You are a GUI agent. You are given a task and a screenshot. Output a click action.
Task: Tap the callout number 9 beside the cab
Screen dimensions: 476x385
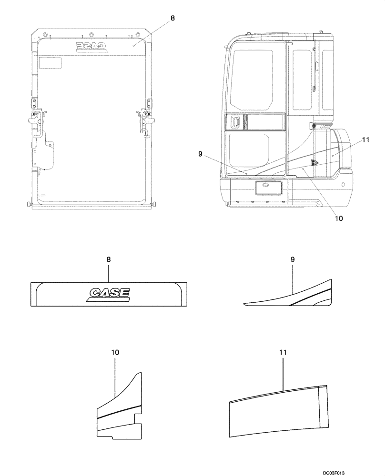[201, 154]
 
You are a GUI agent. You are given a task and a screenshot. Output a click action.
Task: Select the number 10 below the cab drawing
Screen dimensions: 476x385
[339, 219]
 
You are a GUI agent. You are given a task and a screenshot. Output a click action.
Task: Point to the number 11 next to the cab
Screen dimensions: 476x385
[365, 139]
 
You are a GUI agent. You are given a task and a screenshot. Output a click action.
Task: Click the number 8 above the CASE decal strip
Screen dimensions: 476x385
[109, 260]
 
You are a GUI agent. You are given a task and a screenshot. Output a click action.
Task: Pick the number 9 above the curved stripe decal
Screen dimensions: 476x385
[293, 259]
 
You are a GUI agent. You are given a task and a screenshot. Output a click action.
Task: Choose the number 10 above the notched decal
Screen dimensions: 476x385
[115, 353]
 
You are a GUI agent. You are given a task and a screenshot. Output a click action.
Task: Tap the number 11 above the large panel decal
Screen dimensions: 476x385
[283, 353]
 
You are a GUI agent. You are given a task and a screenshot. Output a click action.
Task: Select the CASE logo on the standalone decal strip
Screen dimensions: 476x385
[109, 294]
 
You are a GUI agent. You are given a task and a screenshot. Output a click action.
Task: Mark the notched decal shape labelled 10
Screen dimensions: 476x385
[119, 409]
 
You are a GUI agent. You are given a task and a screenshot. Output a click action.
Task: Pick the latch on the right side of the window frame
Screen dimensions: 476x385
[144, 116]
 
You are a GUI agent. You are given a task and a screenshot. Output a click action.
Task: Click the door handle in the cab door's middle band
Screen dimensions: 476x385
[235, 122]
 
